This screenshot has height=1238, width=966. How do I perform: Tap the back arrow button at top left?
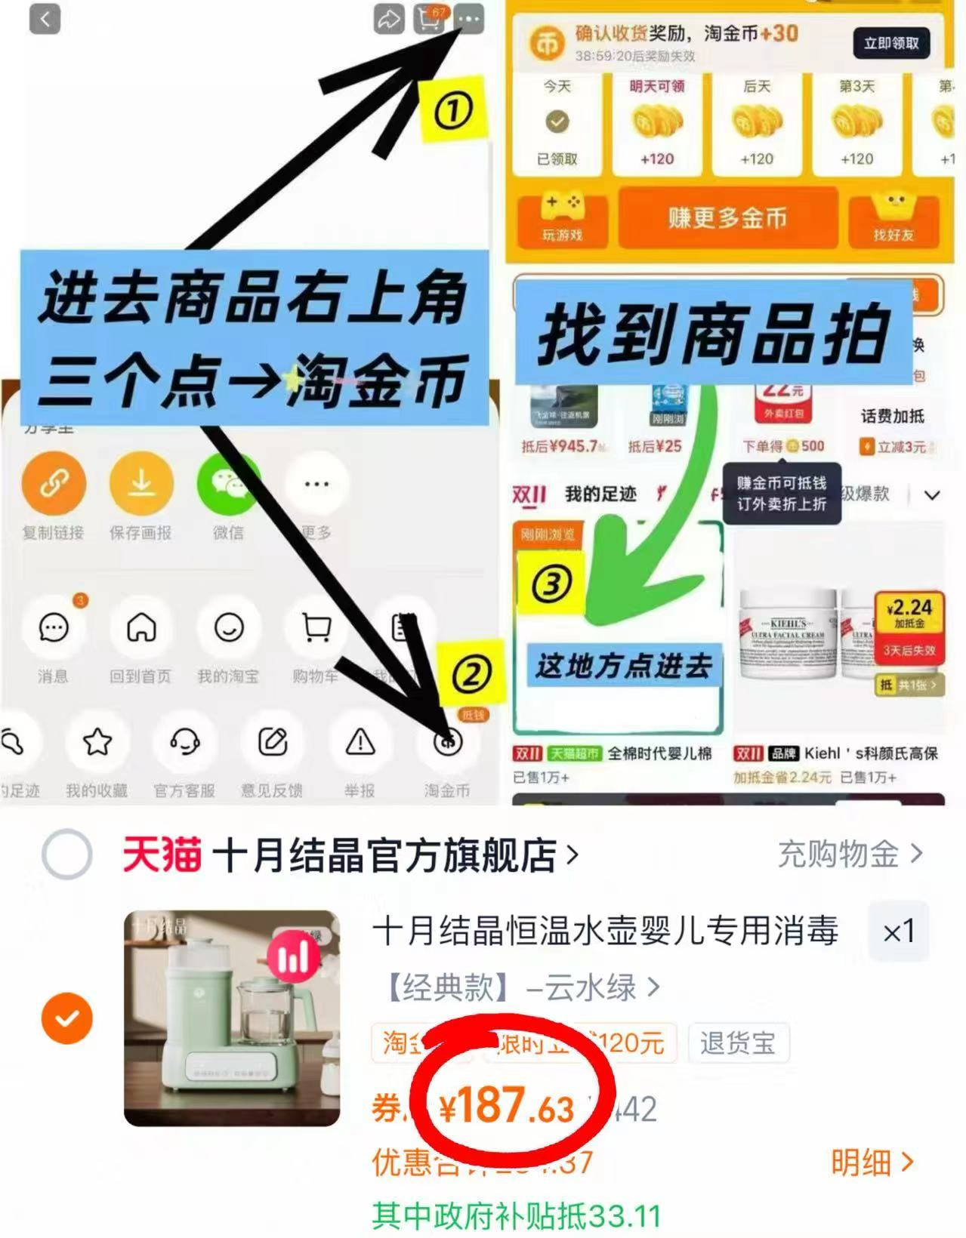45,19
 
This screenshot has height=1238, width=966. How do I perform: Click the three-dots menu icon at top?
469,19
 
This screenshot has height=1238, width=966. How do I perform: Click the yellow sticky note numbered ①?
452,110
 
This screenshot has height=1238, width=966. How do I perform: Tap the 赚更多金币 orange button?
727,218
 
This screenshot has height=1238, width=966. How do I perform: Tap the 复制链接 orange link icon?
53,484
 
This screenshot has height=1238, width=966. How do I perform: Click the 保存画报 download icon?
141,484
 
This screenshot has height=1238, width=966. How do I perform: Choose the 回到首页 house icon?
141,627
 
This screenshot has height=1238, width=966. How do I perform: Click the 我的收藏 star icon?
97,742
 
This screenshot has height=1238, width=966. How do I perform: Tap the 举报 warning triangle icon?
360,742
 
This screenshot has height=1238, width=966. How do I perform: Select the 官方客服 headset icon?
184,742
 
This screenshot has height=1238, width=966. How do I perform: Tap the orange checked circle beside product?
66,1018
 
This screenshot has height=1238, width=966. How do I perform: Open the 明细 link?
872,1163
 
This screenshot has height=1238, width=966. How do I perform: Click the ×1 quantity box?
898,932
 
